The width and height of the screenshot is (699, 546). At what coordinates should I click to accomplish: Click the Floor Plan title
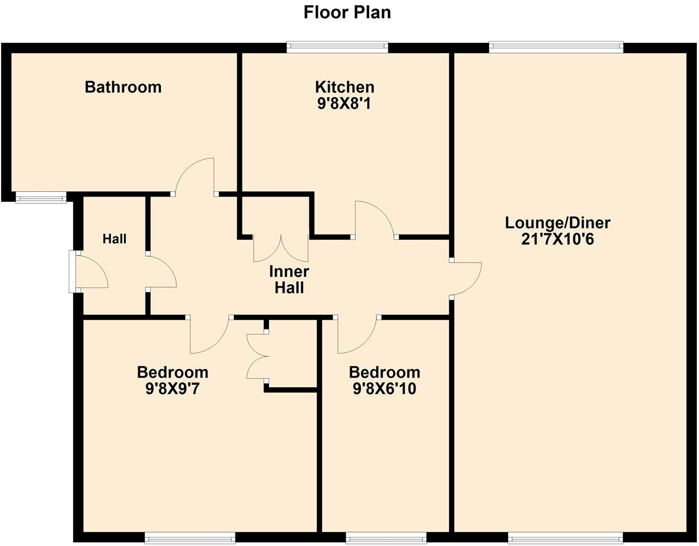coord(347,12)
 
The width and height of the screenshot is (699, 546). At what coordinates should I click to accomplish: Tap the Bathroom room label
coord(123,87)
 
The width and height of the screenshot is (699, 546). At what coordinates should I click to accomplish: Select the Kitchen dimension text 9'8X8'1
coord(344,103)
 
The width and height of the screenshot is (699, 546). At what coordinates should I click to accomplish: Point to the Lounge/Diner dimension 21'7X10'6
coord(557,239)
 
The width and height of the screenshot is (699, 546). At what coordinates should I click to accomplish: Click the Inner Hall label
coord(289,280)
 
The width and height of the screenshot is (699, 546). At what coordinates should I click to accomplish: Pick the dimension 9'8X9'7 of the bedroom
coord(172,389)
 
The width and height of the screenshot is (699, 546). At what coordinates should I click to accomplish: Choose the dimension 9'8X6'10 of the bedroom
coord(384,389)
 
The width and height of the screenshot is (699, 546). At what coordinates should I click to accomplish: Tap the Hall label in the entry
coord(115,239)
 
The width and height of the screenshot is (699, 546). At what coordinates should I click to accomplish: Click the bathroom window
coord(41,199)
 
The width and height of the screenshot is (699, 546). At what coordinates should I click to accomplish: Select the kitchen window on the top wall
coord(337,47)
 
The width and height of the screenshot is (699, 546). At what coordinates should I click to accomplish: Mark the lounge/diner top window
coord(556,47)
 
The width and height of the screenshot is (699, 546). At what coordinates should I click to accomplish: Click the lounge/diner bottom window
coord(565,539)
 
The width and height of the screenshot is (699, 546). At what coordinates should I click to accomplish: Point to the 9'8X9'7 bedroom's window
coord(190,539)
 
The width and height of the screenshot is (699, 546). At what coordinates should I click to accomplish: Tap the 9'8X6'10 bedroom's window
coord(386,539)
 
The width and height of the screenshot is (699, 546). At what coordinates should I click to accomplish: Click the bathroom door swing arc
coord(194,176)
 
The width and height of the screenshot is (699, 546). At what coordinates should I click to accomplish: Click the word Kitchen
coord(344,87)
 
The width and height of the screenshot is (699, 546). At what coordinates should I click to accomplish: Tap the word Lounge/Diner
coord(557,223)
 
